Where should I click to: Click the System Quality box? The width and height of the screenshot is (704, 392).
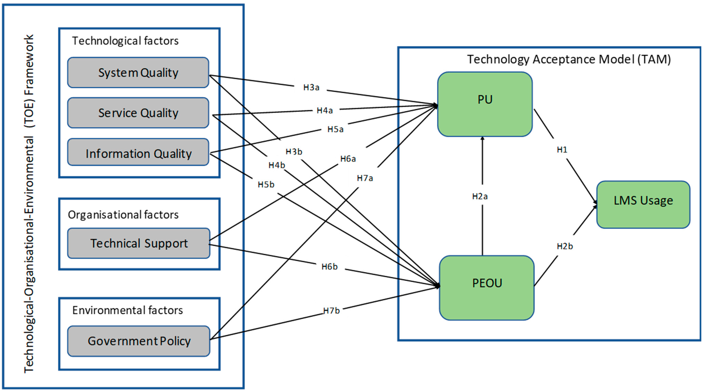(x=138, y=73)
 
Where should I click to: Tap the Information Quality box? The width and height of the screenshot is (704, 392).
(x=138, y=153)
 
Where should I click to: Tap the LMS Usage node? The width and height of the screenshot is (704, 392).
(x=643, y=204)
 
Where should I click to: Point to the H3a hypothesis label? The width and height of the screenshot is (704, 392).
(x=311, y=87)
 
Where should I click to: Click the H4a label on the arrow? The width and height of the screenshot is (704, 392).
(x=324, y=110)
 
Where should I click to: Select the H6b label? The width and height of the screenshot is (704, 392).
(x=329, y=266)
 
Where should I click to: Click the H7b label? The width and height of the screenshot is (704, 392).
(x=331, y=311)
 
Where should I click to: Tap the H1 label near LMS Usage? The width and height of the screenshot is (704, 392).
(x=562, y=150)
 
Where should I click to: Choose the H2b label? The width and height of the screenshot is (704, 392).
(x=565, y=246)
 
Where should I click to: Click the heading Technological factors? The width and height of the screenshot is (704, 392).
(x=125, y=41)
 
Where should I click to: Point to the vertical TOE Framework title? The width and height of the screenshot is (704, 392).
(x=29, y=204)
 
